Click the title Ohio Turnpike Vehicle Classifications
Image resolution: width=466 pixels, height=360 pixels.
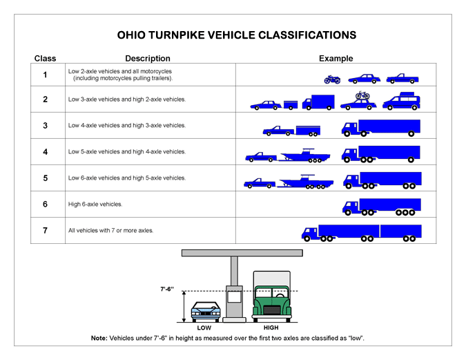click(236, 34)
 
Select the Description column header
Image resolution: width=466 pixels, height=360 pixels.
click(147, 59)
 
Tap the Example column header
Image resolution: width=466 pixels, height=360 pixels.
click(336, 59)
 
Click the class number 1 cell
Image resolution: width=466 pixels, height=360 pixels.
click(45, 74)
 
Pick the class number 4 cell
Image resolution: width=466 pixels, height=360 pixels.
click(45, 152)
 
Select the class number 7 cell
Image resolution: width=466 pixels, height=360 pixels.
click(45, 230)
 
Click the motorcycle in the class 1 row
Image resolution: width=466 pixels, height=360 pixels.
click(332, 79)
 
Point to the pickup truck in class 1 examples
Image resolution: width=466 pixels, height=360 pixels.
click(402, 78)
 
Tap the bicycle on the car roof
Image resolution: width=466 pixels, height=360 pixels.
click(362, 95)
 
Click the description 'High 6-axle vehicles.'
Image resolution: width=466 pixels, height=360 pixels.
click(95, 205)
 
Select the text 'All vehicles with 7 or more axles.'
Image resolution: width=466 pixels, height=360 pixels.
click(110, 230)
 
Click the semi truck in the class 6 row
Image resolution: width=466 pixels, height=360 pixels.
click(382, 206)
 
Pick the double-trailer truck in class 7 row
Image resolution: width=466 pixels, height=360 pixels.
click(360, 232)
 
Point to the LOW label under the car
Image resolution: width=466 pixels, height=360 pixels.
click(204, 328)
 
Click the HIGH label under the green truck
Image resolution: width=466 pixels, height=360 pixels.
click(271, 328)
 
